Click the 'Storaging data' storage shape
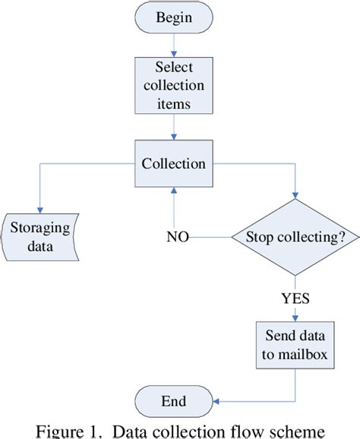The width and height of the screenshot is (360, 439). point(39,238)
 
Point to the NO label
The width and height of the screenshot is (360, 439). point(178,237)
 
